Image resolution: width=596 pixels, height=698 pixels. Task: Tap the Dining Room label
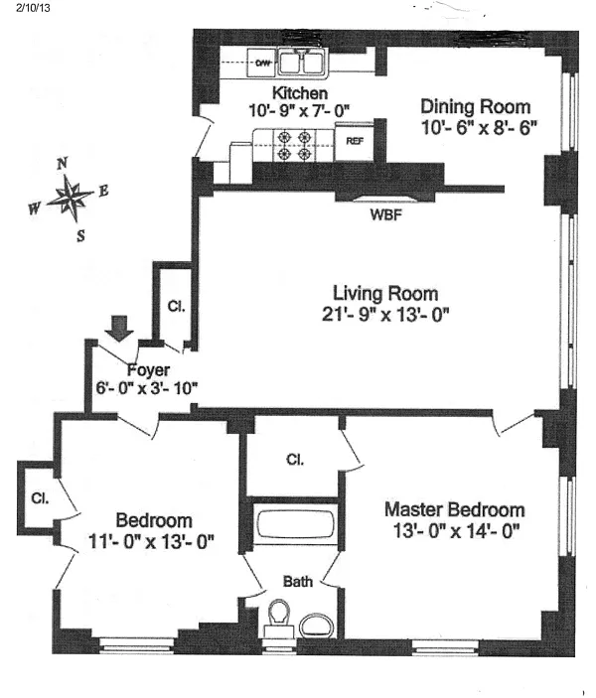coord(474,106)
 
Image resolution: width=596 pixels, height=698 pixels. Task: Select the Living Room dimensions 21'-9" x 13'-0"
coord(384,316)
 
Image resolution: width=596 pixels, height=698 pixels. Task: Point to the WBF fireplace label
coord(385,214)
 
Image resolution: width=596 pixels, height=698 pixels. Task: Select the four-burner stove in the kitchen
coord(294,145)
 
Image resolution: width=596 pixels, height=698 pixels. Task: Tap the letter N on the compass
coord(62,164)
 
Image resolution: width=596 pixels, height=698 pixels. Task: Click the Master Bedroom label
coord(454,509)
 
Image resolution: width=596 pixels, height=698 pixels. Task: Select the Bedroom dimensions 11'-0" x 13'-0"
coord(151,542)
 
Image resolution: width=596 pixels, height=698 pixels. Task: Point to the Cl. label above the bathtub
coord(294,460)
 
